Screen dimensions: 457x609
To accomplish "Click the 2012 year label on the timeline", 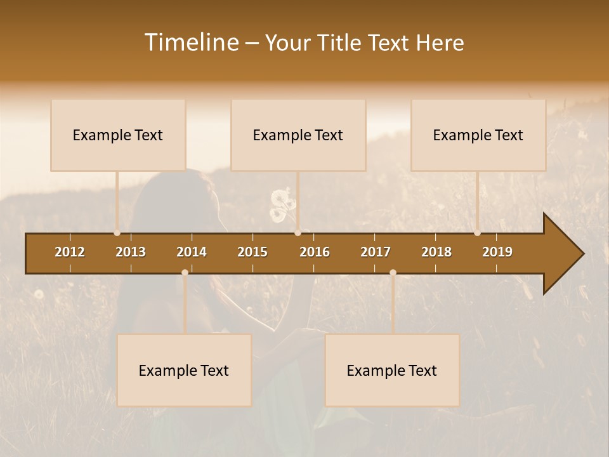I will (70, 252).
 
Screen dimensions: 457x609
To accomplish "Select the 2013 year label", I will (131, 252).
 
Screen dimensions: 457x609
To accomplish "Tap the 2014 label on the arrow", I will (192, 252).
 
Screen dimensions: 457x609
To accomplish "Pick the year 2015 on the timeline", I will (252, 252).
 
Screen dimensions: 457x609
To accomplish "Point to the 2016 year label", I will (315, 252).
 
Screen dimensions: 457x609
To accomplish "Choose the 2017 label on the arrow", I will (376, 252).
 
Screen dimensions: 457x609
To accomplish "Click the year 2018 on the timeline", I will (436, 252).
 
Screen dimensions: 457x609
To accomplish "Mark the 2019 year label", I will (497, 252).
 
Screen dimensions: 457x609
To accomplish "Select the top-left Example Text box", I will (118, 135).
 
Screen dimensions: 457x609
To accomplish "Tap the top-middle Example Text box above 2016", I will (298, 135).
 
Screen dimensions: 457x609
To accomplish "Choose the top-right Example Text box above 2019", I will (478, 135).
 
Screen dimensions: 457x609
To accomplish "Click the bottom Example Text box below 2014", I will (184, 371).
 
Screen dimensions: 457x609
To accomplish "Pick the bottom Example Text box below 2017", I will (392, 371).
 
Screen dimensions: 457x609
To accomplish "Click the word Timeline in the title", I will (191, 43).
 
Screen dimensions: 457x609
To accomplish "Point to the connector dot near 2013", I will (117, 233).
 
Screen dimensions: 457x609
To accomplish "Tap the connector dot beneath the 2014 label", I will (185, 272).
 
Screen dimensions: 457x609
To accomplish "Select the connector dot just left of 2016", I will (298, 233).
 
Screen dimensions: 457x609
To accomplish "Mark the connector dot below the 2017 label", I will (393, 272).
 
